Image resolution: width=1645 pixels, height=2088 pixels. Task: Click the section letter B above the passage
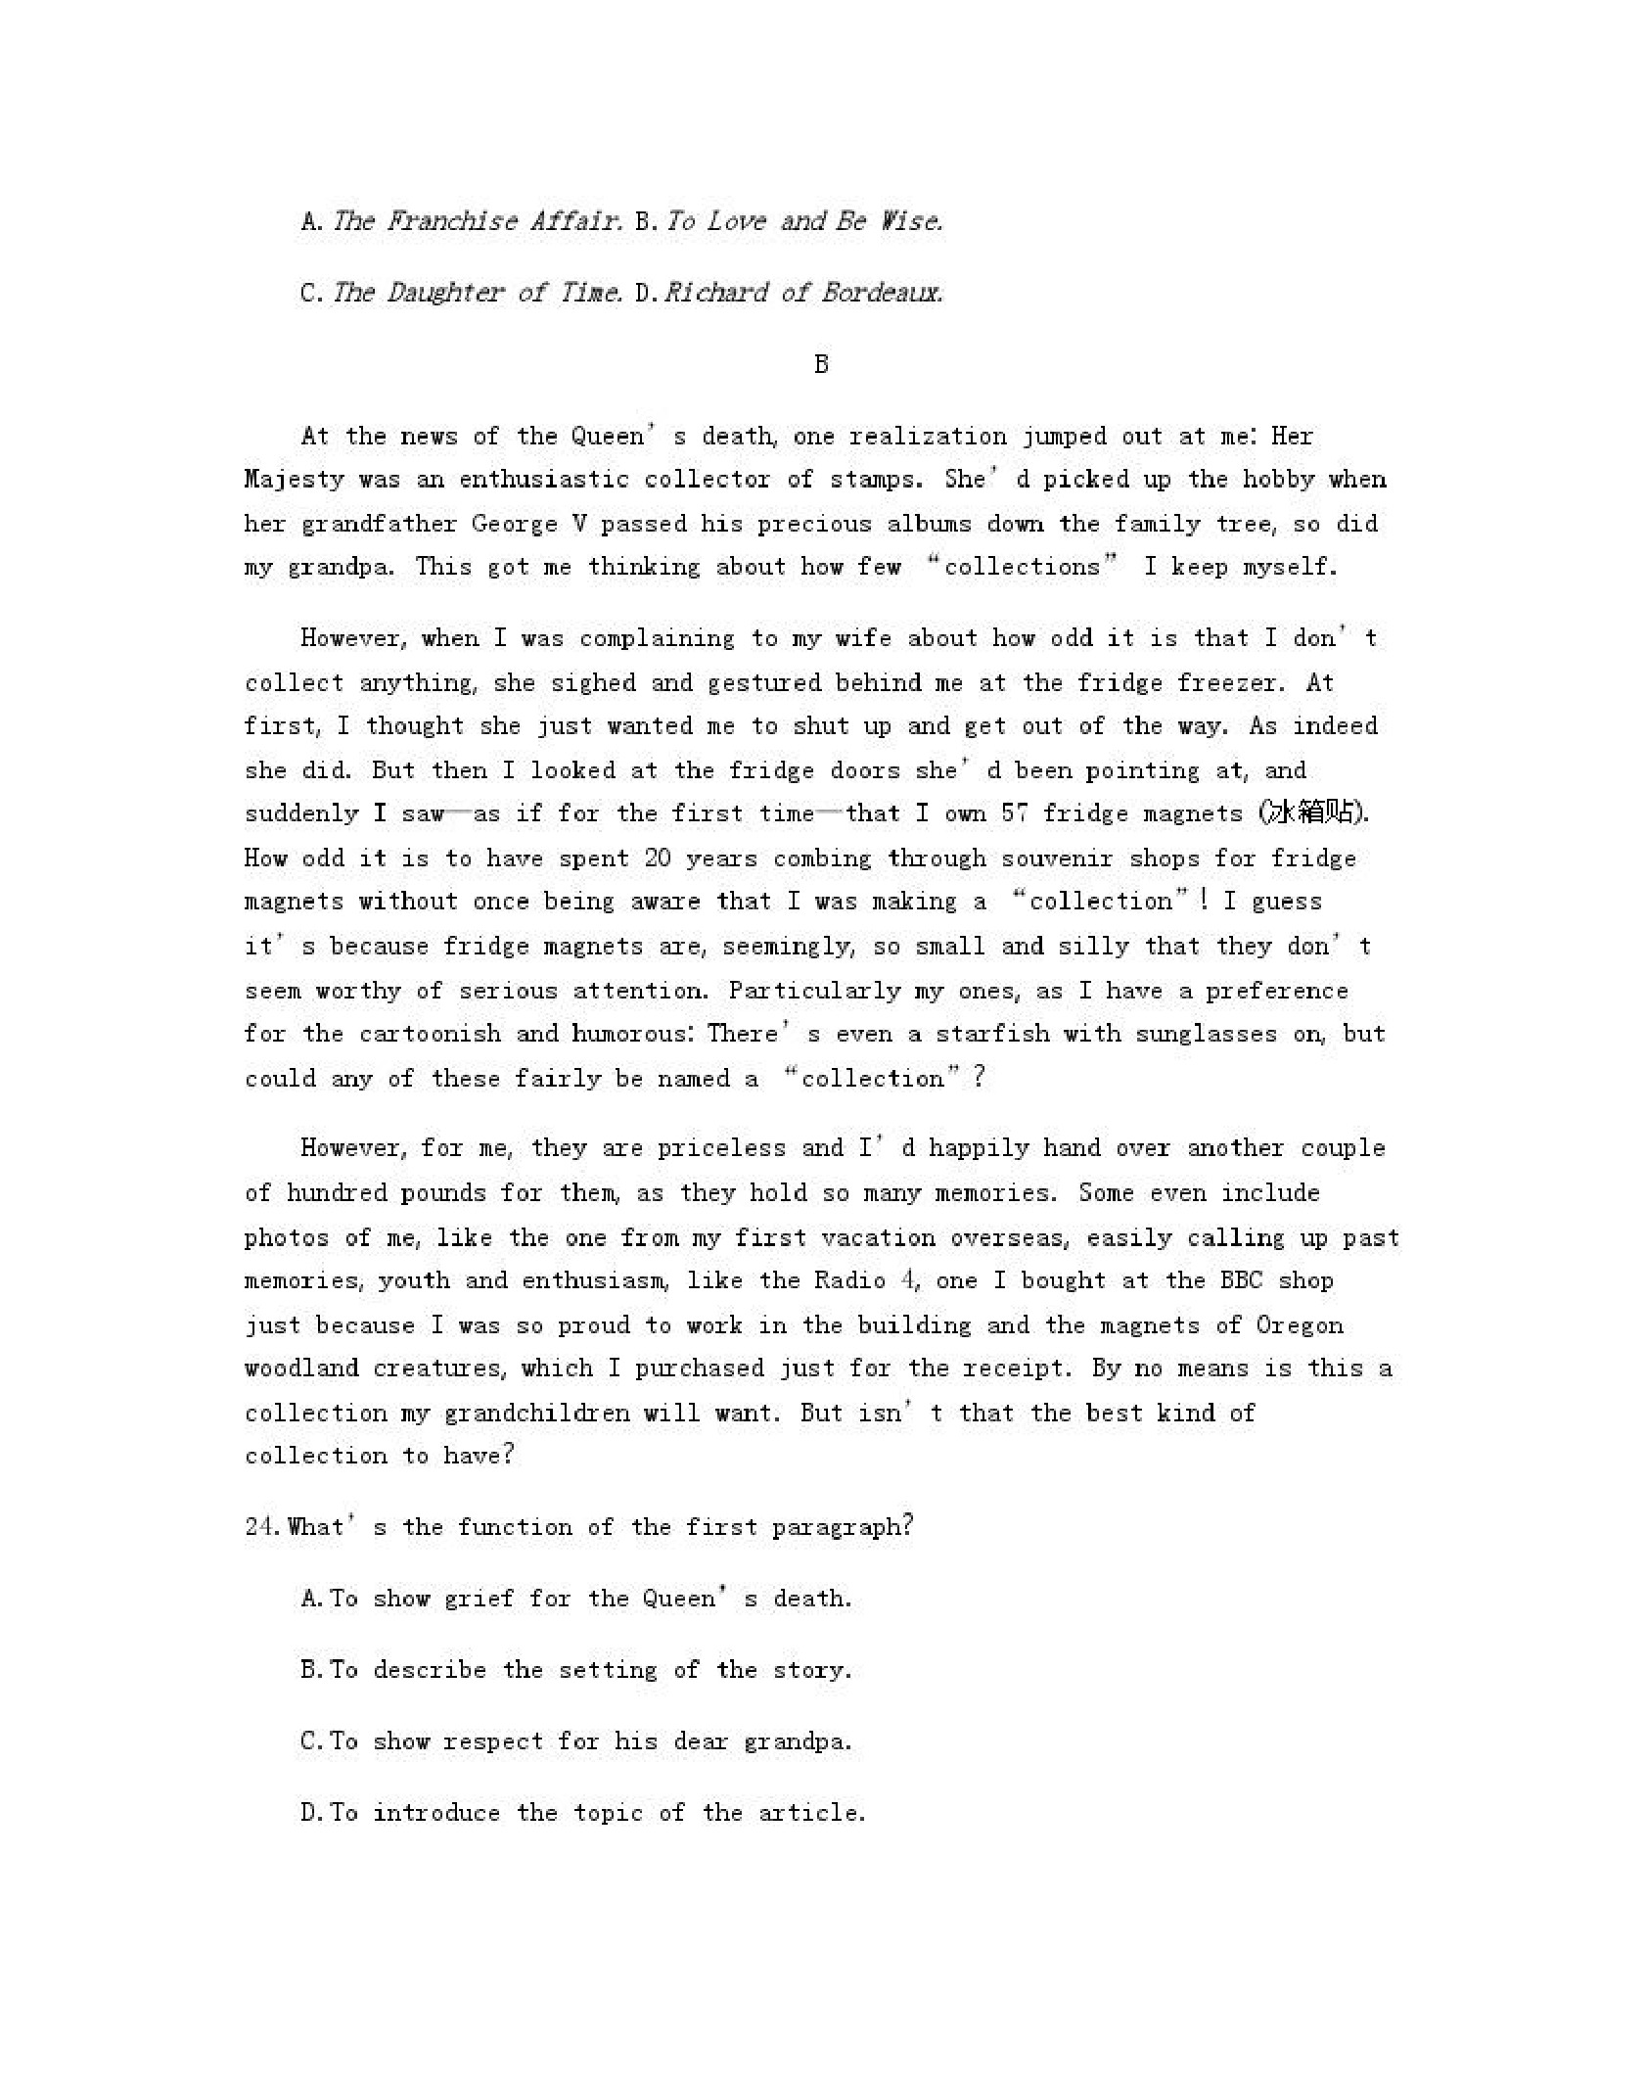[x=821, y=364]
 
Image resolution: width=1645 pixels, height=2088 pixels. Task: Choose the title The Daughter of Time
[x=476, y=293]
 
